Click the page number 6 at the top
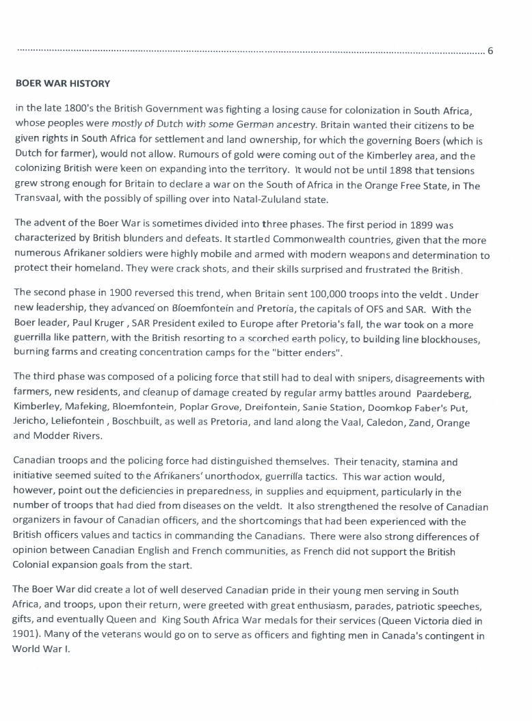pyautogui.click(x=490, y=51)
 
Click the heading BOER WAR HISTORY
pyautogui.click(x=62, y=84)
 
